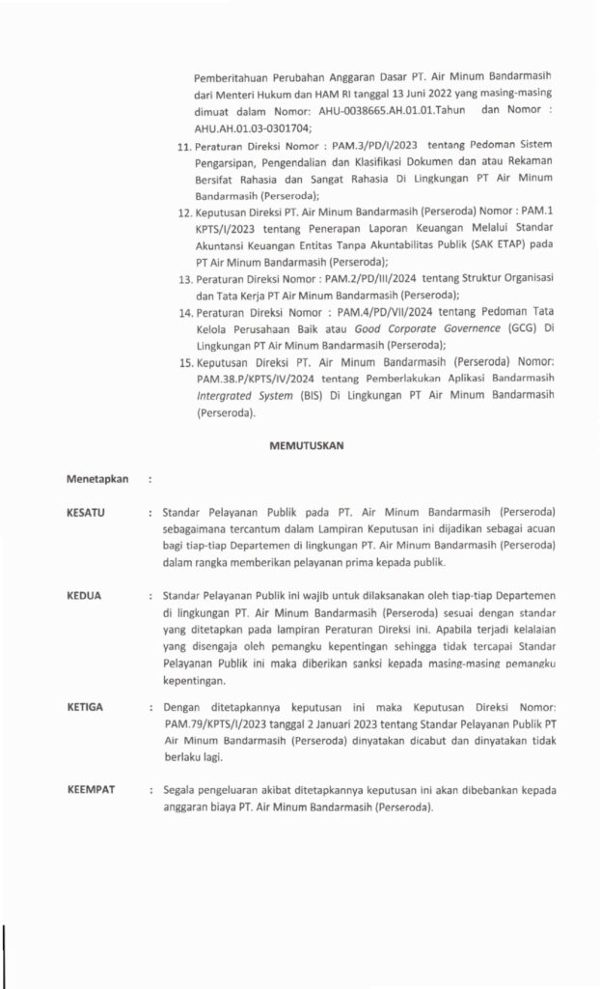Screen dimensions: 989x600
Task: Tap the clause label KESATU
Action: coord(86,511)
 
